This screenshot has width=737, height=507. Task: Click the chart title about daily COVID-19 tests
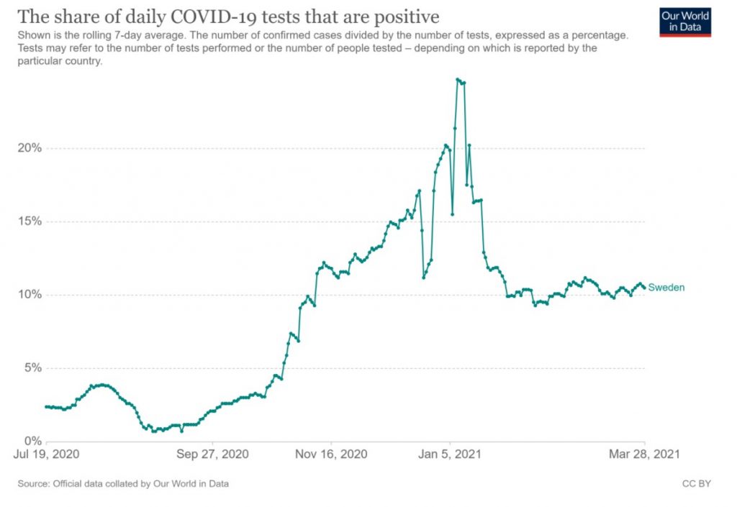click(228, 17)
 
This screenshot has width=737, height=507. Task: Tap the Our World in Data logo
click(684, 22)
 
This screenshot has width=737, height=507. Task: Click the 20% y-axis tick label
click(30, 148)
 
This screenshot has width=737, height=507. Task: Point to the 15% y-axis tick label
click(30, 221)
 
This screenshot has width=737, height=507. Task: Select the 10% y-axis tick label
click(30, 295)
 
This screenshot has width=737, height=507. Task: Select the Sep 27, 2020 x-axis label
click(212, 455)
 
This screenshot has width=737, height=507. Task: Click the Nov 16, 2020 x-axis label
click(331, 455)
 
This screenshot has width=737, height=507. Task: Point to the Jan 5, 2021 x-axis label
click(450, 455)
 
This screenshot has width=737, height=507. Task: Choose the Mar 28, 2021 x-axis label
click(643, 455)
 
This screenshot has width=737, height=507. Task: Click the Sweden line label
click(666, 288)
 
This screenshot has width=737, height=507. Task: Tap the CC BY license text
click(696, 484)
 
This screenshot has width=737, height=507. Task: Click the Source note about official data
click(123, 484)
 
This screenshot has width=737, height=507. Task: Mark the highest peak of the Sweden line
click(458, 79)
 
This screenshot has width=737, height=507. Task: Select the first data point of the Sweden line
click(46, 406)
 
